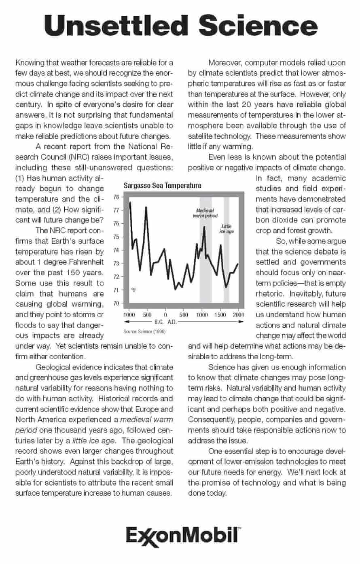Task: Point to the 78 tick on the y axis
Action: (x=116, y=197)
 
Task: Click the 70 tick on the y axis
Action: (x=116, y=303)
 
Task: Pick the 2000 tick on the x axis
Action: (x=238, y=315)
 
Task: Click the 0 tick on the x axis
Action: (x=165, y=315)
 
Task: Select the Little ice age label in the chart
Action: (x=227, y=229)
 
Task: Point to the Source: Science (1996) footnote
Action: (x=144, y=331)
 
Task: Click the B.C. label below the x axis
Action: (x=159, y=322)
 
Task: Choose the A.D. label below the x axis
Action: (x=173, y=322)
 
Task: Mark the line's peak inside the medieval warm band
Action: (x=204, y=226)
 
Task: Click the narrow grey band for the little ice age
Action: (x=227, y=263)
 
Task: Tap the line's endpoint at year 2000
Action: (x=238, y=264)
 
